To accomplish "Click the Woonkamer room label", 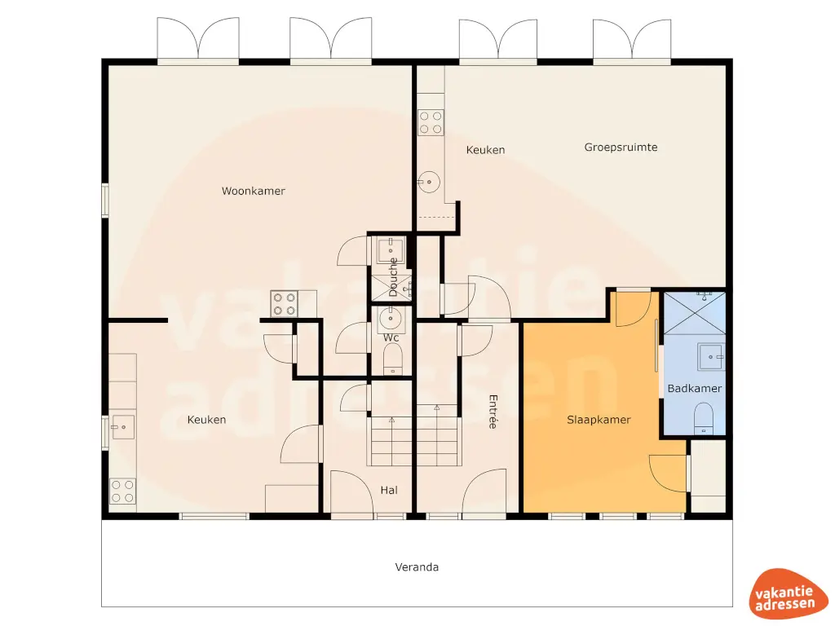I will tap(254, 191).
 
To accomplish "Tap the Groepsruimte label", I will tap(621, 148).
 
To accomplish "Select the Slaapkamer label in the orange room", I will tap(599, 420).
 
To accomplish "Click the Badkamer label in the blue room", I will tap(694, 389).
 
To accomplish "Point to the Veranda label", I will tap(417, 566).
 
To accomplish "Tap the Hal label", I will tap(389, 490).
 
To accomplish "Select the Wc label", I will tap(391, 337).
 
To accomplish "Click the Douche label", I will tap(393, 276).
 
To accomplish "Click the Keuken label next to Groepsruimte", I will tap(485, 150).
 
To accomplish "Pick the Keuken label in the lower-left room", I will tap(206, 420).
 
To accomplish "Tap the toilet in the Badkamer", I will tap(702, 420).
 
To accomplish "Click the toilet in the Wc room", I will tap(393, 359).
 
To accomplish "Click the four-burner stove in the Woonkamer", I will tap(285, 304).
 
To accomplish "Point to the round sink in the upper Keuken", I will tap(427, 181).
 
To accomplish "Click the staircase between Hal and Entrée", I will tap(415, 436).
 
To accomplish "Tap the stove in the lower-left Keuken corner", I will tap(123, 491).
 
